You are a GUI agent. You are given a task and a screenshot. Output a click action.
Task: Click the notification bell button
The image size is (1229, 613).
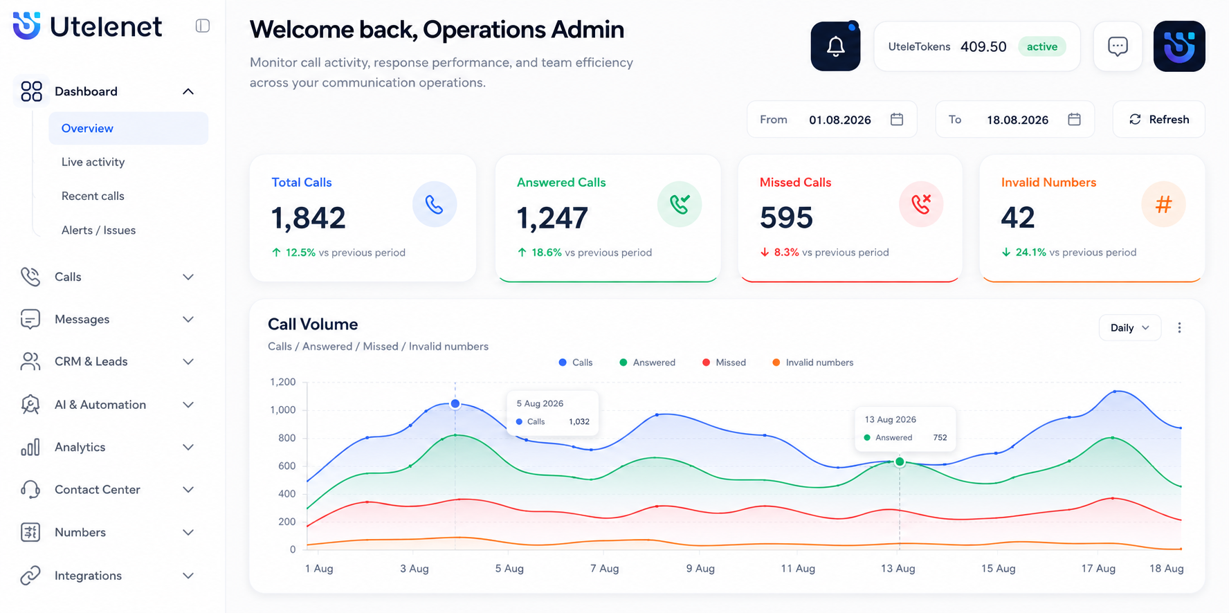pyautogui.click(x=835, y=46)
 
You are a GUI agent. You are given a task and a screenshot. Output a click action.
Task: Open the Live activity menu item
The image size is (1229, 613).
pyautogui.click(x=93, y=162)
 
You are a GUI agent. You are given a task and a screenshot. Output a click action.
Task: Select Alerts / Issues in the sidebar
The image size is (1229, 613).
pyautogui.click(x=98, y=230)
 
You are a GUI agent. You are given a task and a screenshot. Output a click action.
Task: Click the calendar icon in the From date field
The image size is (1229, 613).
pyautogui.click(x=897, y=119)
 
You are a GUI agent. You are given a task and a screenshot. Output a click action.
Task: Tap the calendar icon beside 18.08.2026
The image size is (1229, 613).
pyautogui.click(x=1074, y=119)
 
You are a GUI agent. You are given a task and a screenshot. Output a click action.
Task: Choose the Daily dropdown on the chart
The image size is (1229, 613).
pyautogui.click(x=1129, y=327)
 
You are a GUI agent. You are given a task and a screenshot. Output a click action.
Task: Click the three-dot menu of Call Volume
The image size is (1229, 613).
pyautogui.click(x=1179, y=327)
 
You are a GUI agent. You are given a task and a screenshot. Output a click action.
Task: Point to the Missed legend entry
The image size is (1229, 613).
pyautogui.click(x=724, y=363)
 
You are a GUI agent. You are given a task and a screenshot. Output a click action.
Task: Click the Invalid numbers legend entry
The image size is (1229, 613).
pyautogui.click(x=812, y=363)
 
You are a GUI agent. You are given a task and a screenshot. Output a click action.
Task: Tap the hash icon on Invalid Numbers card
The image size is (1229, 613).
pyautogui.click(x=1163, y=204)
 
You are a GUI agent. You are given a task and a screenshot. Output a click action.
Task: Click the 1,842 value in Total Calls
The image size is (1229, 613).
pyautogui.click(x=308, y=218)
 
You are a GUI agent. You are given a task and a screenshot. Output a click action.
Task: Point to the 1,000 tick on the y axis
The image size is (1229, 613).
pyautogui.click(x=282, y=410)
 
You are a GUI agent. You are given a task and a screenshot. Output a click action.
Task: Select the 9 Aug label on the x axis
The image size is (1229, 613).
pyautogui.click(x=700, y=568)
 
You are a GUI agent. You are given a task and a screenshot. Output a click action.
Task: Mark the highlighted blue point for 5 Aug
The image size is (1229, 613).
pyautogui.click(x=455, y=403)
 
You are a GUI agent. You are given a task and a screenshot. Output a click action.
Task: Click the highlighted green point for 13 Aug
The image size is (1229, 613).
pyautogui.click(x=900, y=461)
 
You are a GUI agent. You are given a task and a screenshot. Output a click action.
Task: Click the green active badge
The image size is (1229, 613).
pyautogui.click(x=1042, y=46)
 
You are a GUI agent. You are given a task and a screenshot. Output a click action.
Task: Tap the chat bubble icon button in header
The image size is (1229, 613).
pyautogui.click(x=1118, y=46)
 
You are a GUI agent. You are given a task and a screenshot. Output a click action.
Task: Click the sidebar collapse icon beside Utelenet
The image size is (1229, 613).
pyautogui.click(x=203, y=26)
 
